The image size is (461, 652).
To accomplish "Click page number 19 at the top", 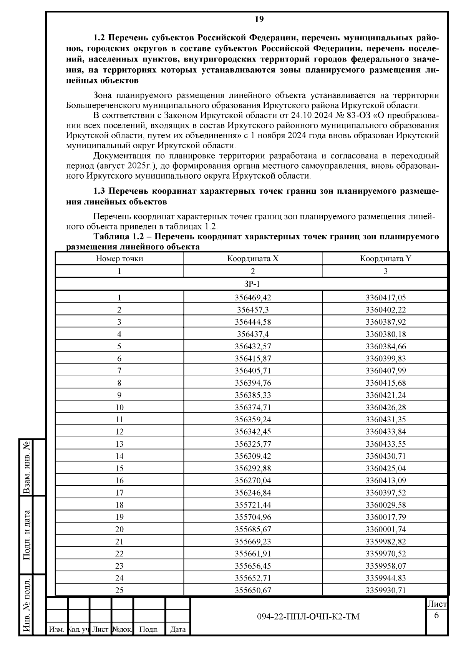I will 259,19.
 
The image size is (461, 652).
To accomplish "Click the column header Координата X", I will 253,259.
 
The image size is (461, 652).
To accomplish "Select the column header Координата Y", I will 385,259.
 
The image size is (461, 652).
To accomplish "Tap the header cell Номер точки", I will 119,259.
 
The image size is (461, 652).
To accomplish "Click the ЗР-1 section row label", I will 253,284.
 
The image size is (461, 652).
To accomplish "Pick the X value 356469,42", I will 253,297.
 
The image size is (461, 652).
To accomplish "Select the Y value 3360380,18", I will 385,334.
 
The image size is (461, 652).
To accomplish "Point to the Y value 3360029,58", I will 385,505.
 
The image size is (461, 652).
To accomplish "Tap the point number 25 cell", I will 119,590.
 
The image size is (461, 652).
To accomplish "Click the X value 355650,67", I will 253,590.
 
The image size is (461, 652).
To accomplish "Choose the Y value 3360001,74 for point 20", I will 385,529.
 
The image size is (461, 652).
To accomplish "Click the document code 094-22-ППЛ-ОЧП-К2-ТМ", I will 308,617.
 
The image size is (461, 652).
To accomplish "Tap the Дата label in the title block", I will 178,629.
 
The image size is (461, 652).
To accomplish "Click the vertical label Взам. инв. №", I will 27,467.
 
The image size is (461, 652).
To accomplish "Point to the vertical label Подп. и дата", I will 27,535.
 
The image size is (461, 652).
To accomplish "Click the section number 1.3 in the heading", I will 101,191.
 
